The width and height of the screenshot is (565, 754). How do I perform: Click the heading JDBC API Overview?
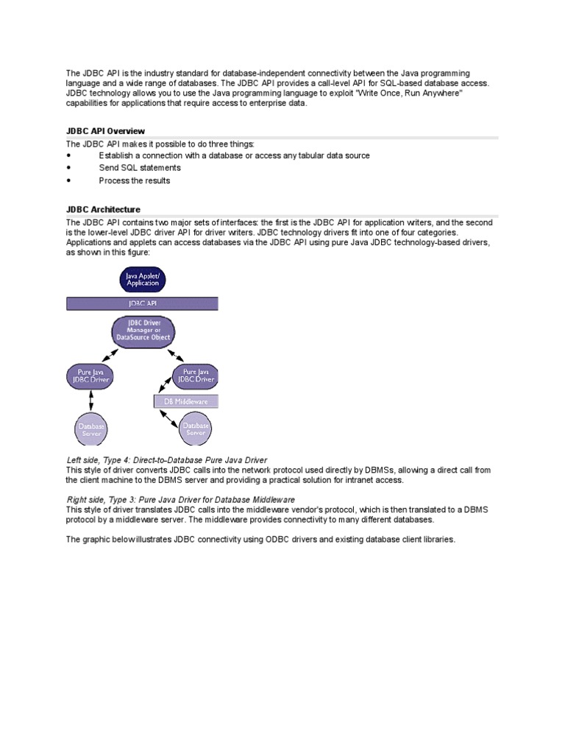(x=105, y=131)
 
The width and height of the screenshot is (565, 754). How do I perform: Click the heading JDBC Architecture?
(x=103, y=210)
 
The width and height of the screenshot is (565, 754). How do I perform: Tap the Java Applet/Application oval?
(x=142, y=280)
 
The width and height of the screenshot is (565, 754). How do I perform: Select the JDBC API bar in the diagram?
(x=142, y=303)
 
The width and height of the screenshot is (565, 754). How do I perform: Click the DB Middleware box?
(x=185, y=402)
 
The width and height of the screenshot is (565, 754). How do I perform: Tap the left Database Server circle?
(x=92, y=430)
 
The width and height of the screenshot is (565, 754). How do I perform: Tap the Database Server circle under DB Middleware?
(x=195, y=429)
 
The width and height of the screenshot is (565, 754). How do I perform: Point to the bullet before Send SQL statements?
(x=68, y=168)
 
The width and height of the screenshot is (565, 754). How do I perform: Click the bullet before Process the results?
(x=68, y=180)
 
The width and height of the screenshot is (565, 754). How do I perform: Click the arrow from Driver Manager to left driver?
(x=111, y=357)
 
